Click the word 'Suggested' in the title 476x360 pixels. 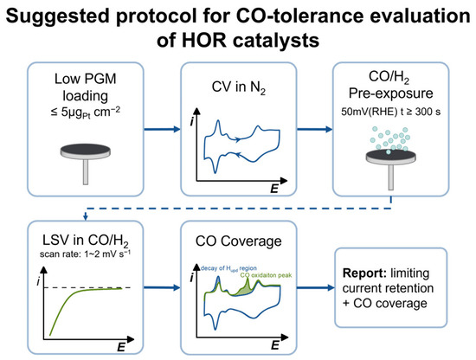[x=57, y=16]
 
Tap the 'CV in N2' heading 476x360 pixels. [x=238, y=87]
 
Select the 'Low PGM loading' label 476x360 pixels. [x=86, y=87]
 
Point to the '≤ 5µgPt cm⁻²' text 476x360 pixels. [x=86, y=112]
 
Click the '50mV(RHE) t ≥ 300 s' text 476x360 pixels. [x=390, y=112]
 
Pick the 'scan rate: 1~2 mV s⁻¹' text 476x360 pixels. [x=86, y=254]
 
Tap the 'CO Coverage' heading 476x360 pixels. [x=238, y=241]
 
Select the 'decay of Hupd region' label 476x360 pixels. [x=228, y=268]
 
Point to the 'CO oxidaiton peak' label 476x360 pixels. [x=266, y=275]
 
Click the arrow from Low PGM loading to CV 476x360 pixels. [x=162, y=129]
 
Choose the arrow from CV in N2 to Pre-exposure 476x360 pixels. [x=314, y=129]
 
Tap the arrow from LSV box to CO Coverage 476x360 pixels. [x=162, y=287]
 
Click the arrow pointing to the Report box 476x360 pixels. [x=316, y=287]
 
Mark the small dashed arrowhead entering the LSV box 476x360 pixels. [x=86, y=216]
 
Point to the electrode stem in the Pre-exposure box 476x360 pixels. [x=391, y=177]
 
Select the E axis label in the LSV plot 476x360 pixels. [x=121, y=347]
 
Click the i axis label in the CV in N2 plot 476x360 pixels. [x=191, y=121]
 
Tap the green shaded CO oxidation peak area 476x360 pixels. [x=244, y=290]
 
